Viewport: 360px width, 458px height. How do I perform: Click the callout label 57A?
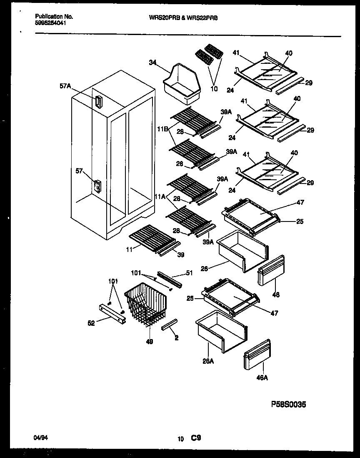point(65,86)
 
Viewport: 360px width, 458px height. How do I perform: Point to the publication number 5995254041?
point(50,23)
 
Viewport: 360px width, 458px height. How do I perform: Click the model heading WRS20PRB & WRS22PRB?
point(183,18)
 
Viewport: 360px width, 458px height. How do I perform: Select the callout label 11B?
point(162,130)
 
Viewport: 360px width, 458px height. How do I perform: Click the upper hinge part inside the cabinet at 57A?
point(98,102)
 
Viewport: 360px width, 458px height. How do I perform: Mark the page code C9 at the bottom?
point(196,438)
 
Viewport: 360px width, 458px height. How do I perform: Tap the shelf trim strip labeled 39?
point(169,249)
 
